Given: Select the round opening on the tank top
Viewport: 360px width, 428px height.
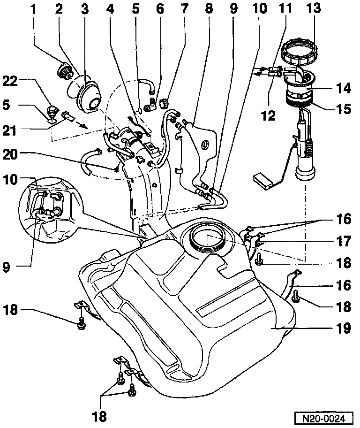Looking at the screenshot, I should pos(207,238).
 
